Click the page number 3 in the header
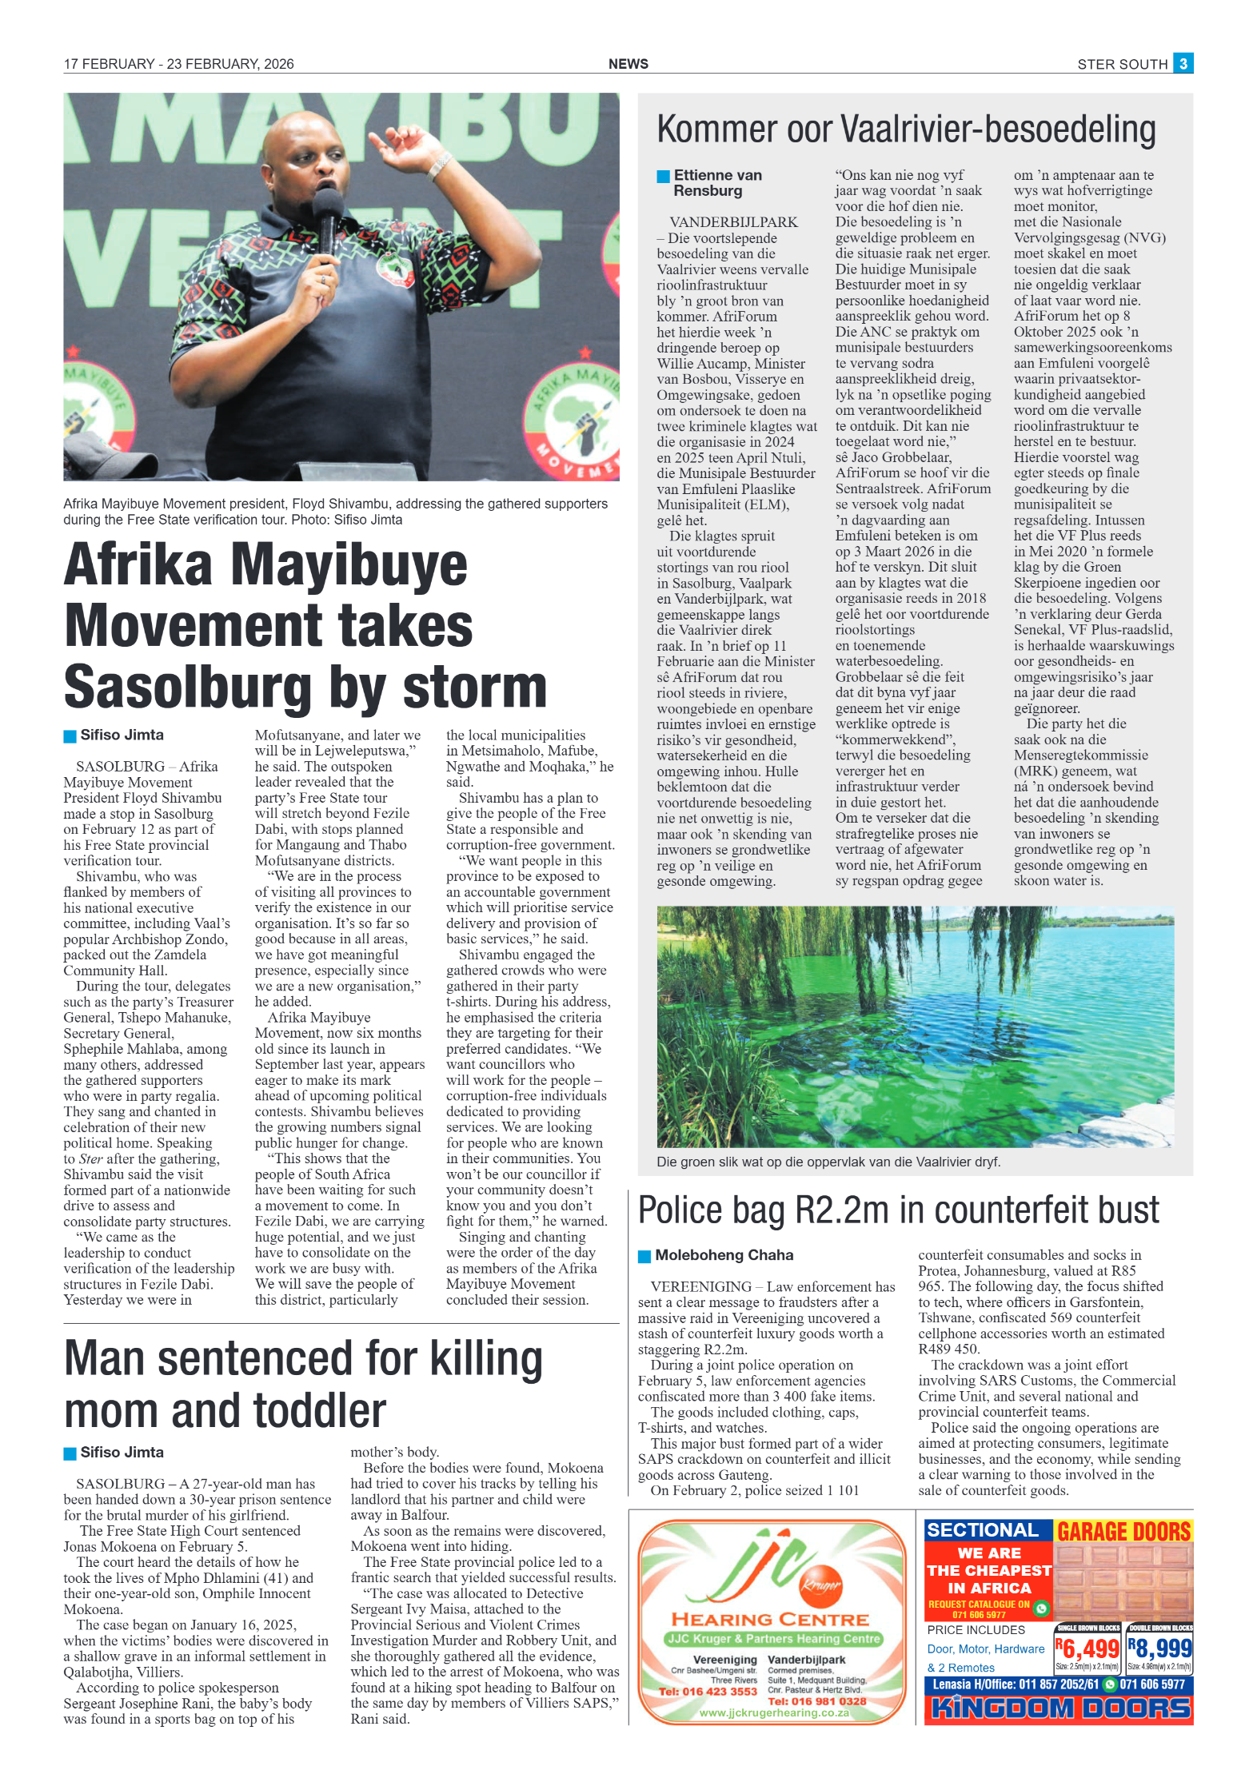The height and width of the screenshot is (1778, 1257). pos(1183,63)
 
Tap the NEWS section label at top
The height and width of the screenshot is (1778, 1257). pos(628,64)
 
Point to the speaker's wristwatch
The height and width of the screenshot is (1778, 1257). pos(438,164)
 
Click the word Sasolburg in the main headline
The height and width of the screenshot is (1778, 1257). pos(188,687)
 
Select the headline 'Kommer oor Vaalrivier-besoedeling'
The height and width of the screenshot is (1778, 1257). pos(906,130)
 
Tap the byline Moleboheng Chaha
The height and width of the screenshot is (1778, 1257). pos(724,1255)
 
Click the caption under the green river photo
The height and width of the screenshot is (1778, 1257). pos(828,1162)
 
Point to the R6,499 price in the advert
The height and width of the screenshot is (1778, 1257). pos(1087,1648)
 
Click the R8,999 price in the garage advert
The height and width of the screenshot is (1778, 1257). pos(1159,1648)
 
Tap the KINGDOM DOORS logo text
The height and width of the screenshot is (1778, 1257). pos(1058,1708)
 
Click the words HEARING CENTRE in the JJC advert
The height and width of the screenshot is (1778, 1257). pos(770,1620)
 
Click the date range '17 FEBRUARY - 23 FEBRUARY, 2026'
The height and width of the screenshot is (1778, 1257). pos(178,64)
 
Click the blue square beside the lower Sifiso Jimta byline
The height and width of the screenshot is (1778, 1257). pos(70,1453)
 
